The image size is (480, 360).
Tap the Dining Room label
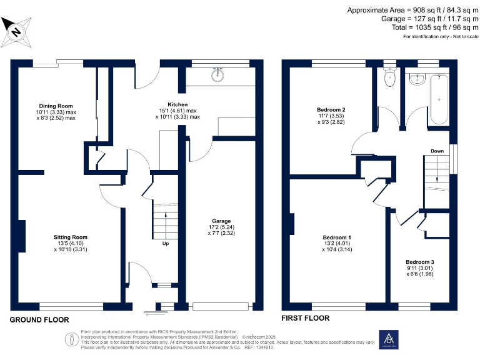pos(56,106)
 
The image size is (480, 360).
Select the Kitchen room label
pos(177,104)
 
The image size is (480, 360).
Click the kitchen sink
pos(219,76)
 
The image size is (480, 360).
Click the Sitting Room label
pos(71,237)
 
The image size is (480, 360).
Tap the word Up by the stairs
pos(166,244)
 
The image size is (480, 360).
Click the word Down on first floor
pos(437,151)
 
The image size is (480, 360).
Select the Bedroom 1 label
pos(337,237)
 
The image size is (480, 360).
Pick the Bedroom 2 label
pos(331,110)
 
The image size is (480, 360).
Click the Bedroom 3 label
pos(419,262)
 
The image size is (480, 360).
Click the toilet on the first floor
pos(390,79)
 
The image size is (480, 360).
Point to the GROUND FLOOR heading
pos(39,319)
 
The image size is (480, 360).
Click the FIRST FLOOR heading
pos(306,318)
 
